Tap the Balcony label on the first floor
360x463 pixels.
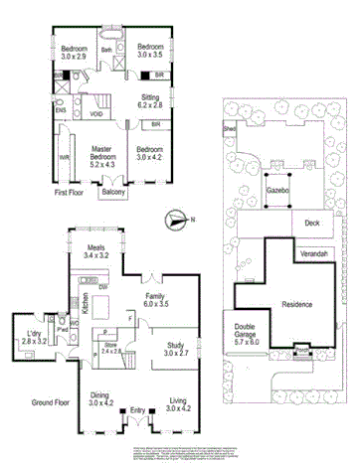(x=113, y=194)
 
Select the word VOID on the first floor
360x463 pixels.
(x=96, y=114)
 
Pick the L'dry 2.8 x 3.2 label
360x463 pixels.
(x=33, y=337)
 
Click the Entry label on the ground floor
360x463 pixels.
(x=137, y=409)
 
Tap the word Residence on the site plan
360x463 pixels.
(x=296, y=304)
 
